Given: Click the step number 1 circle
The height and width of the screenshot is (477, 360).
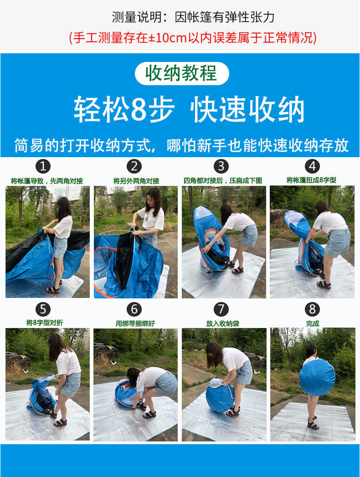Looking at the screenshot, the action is click(x=43, y=166).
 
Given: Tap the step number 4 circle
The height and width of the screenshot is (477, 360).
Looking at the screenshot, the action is click(x=312, y=166).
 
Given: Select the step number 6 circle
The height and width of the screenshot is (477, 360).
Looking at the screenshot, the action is click(x=134, y=309).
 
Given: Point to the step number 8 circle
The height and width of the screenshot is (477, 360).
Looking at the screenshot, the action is click(x=312, y=309).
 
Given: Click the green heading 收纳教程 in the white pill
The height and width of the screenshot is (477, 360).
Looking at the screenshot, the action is click(x=181, y=73).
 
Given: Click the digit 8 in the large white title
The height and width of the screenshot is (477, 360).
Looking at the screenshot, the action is click(x=139, y=109).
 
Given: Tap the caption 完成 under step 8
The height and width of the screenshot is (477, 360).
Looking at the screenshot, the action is click(x=313, y=323).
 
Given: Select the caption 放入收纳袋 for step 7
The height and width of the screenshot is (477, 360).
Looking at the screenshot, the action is click(x=222, y=323).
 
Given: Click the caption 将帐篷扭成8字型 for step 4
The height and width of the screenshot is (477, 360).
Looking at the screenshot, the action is click(x=311, y=180).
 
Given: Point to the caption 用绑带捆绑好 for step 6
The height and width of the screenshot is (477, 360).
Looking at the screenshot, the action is click(x=135, y=323).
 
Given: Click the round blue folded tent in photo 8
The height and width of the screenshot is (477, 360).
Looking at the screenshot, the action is click(x=317, y=377).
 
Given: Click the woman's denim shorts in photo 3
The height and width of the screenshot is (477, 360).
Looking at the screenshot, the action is click(x=249, y=235).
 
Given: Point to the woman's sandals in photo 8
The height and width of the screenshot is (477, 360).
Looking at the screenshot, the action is click(x=313, y=423).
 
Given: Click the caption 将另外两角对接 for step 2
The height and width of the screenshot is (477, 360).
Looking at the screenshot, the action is click(x=136, y=181).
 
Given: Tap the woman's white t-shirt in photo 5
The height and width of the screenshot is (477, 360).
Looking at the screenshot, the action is click(x=68, y=362).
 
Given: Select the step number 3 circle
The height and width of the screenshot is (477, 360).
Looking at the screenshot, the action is click(x=221, y=166).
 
